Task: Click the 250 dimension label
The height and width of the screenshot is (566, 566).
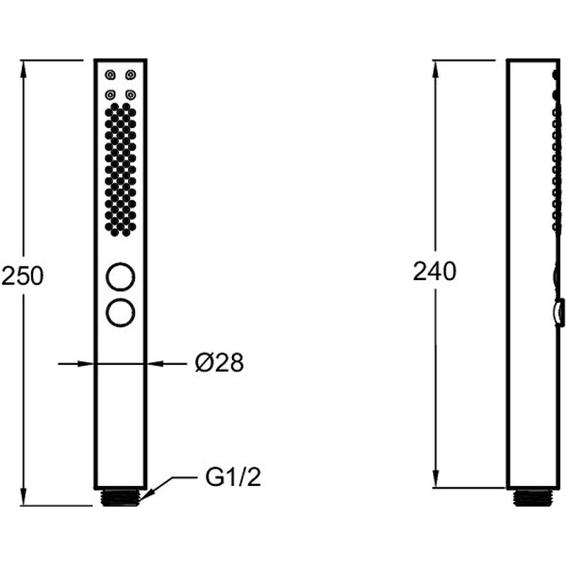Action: (x=23, y=275)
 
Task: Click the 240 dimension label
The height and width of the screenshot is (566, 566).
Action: (x=434, y=271)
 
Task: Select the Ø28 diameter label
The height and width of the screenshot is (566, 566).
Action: (x=219, y=363)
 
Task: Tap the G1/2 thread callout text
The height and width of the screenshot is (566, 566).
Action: (x=233, y=477)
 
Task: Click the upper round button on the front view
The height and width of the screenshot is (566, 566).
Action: (x=120, y=277)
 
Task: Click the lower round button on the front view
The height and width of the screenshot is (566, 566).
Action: (x=120, y=313)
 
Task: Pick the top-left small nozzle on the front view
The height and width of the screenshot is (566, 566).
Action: (x=110, y=75)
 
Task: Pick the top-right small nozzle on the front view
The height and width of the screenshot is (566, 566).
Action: (x=131, y=75)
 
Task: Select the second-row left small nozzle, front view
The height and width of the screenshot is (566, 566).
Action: (x=110, y=95)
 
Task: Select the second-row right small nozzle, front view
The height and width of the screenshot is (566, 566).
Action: (x=131, y=95)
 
